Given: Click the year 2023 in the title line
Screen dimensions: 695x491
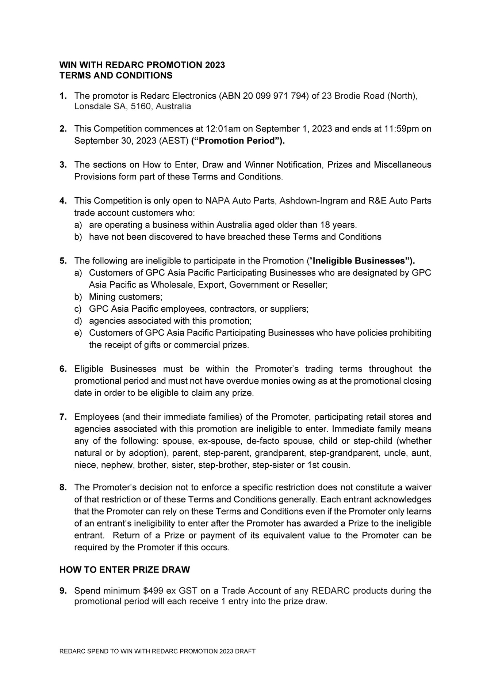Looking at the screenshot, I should [x=215, y=65].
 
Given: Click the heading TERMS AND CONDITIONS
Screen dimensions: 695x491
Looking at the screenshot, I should [x=116, y=76].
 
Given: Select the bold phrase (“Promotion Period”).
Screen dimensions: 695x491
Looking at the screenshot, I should [x=238, y=141].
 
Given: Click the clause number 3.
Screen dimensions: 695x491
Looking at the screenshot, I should [x=63, y=165].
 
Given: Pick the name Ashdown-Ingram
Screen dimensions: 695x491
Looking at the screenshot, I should [x=309, y=201].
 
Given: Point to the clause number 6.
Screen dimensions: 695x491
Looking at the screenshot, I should [x=63, y=369].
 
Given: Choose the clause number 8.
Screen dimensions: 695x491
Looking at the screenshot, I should [x=63, y=487].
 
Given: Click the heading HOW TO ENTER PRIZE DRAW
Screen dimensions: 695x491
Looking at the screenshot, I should [x=124, y=570].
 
